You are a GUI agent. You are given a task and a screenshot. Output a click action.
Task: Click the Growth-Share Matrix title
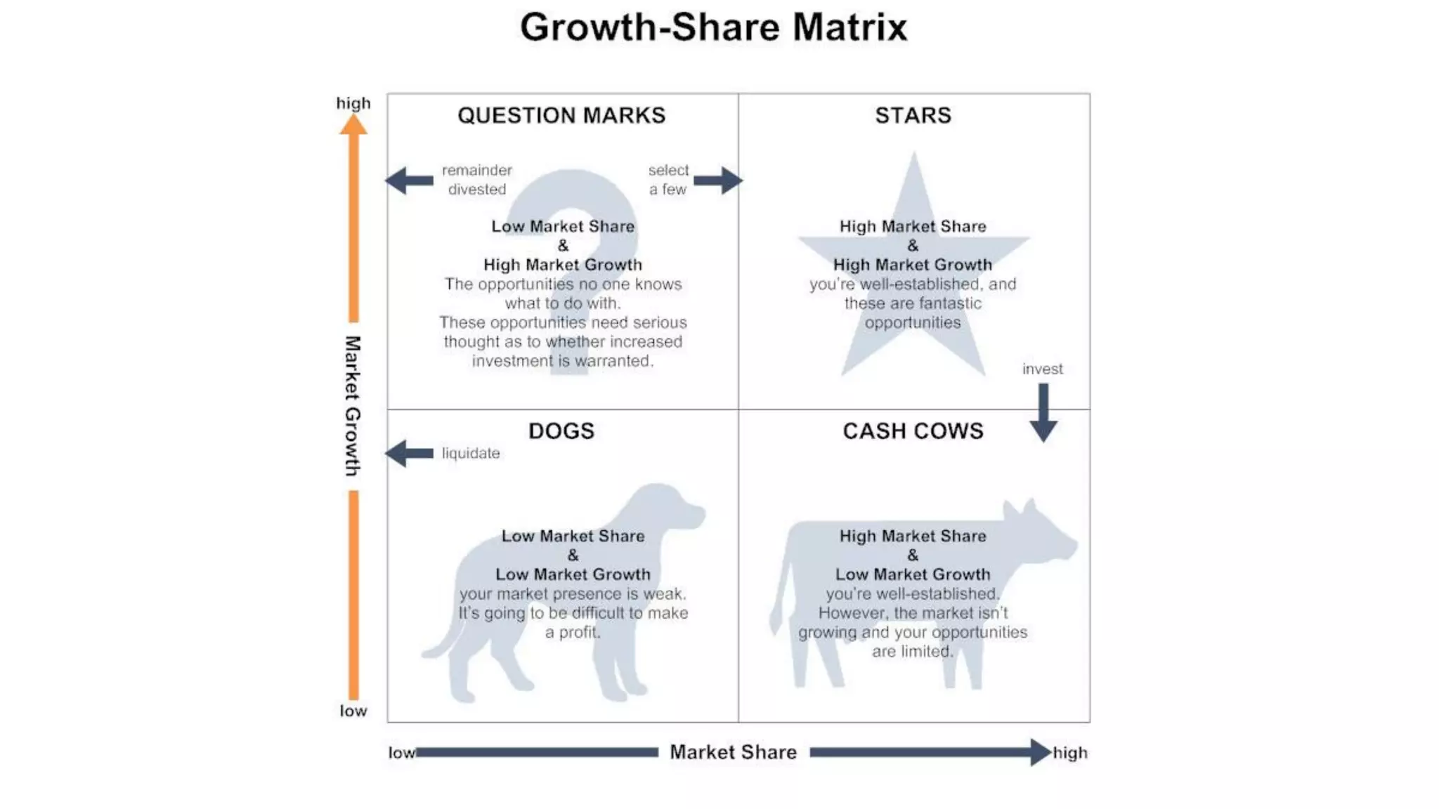713,27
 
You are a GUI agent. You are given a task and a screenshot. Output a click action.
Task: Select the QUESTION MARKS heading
561,115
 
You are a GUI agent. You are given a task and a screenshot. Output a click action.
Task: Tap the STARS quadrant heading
913,115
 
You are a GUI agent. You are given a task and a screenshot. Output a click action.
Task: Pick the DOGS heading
561,430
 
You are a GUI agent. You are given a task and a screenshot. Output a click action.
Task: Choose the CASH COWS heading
913,430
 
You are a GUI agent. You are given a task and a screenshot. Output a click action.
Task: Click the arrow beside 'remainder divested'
410,180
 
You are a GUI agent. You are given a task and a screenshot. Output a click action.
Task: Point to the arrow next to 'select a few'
718,180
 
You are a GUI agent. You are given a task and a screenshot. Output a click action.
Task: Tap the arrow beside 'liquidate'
410,453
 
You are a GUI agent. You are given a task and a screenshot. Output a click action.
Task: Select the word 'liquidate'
471,453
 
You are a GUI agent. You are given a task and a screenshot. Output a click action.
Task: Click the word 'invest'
1042,369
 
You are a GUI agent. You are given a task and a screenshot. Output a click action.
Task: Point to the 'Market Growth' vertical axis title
352,406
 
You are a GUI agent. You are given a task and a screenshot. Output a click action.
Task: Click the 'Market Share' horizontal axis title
733,752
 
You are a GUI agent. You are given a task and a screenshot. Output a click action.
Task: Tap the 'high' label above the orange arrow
353,103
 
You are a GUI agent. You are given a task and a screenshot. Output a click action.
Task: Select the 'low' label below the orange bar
353,711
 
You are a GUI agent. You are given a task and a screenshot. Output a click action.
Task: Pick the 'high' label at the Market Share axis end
1070,753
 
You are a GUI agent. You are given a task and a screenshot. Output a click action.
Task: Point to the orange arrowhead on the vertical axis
353,125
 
